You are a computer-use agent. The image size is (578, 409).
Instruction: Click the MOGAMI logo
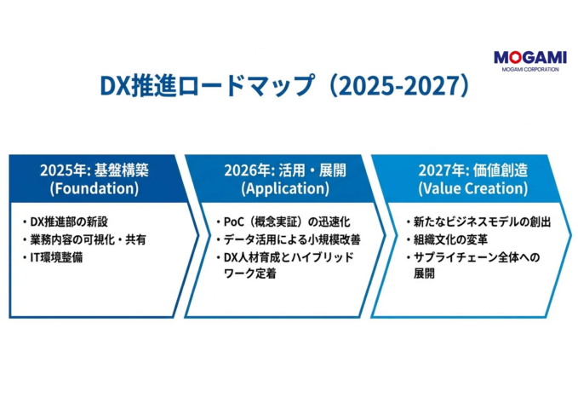529,57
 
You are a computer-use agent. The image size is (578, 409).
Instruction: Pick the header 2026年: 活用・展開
284,170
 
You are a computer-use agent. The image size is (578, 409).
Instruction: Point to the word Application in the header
284,187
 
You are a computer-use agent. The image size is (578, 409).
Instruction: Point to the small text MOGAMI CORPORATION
529,69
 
